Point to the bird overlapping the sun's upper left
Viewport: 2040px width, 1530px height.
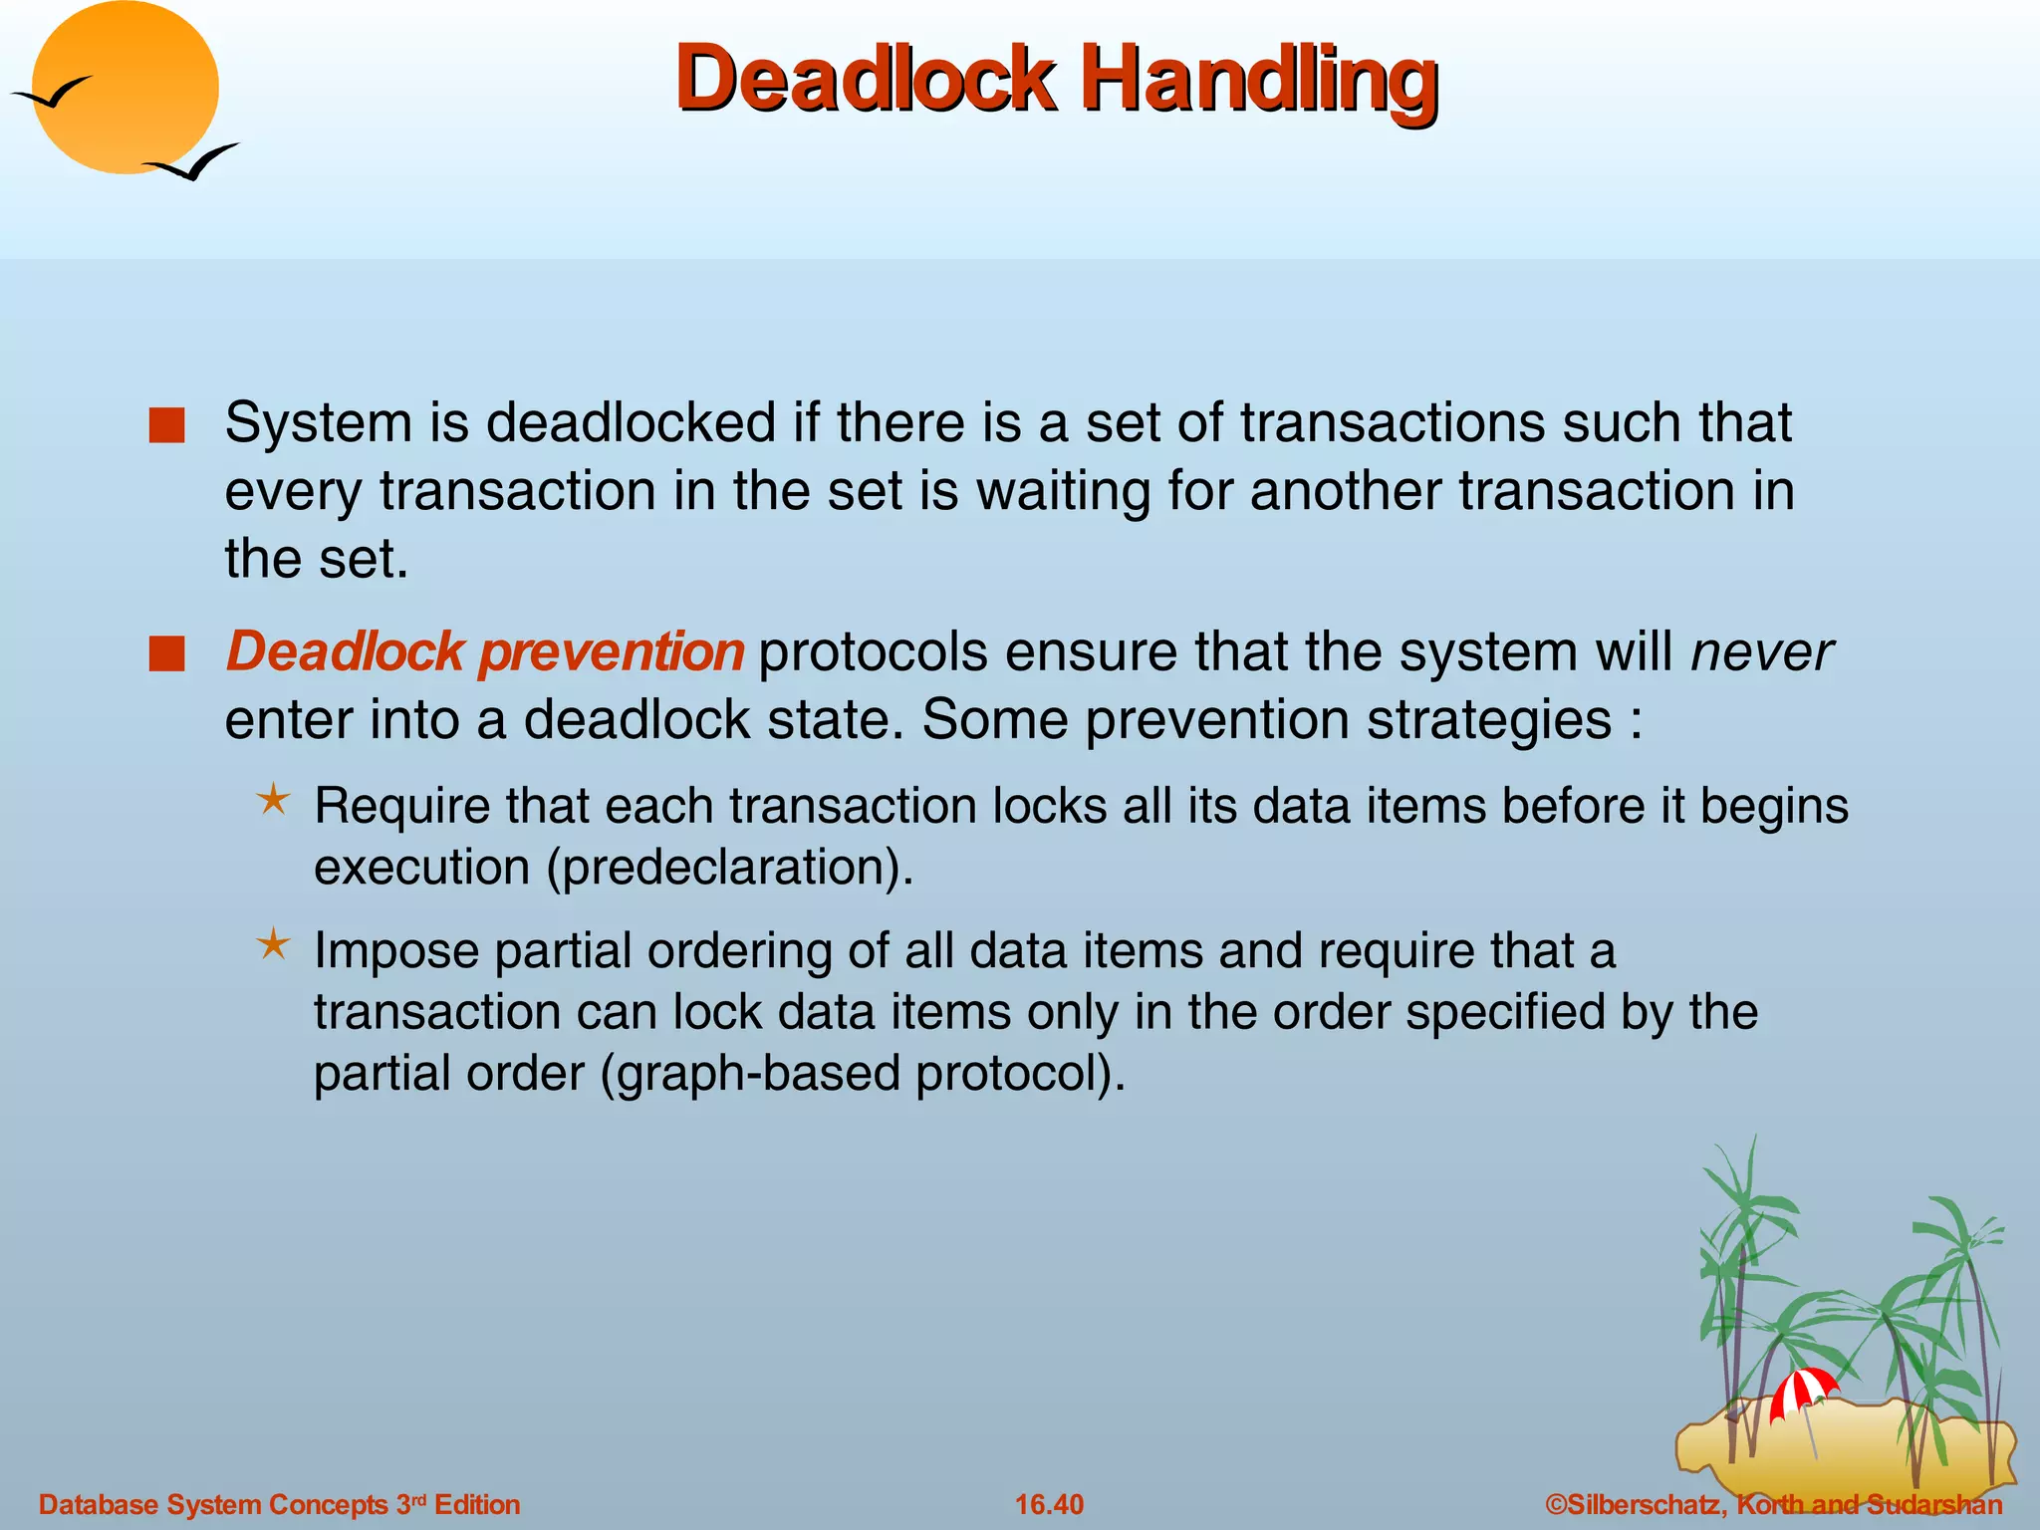[52, 94]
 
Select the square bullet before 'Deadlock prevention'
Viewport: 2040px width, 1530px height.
[166, 654]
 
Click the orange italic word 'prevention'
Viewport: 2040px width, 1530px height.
[611, 652]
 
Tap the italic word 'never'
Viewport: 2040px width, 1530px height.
[1761, 652]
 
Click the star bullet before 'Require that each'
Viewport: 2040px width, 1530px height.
[273, 799]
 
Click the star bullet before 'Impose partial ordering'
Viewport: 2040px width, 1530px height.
[273, 944]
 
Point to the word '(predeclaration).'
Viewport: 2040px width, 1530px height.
[729, 867]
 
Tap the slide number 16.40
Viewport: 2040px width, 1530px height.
[1049, 1504]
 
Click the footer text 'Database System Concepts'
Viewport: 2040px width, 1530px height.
[213, 1504]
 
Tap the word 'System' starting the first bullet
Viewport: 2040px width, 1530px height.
[319, 423]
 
